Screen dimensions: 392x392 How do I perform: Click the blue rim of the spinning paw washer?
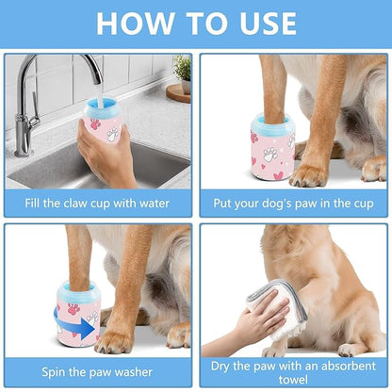coord(77,288)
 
